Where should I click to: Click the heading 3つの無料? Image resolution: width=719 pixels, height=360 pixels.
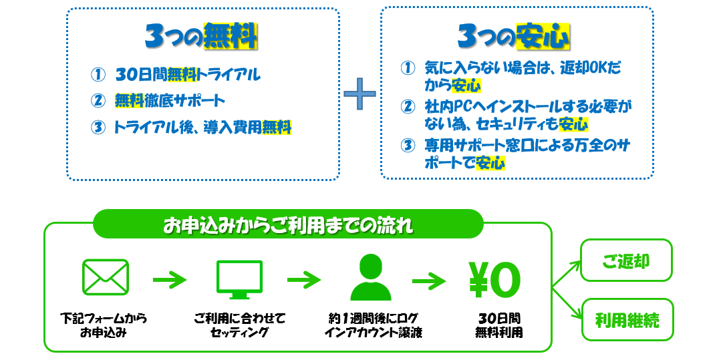tap(201, 36)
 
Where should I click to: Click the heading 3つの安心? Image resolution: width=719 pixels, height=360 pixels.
tap(514, 36)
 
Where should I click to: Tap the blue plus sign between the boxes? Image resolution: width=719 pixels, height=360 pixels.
tap(359, 94)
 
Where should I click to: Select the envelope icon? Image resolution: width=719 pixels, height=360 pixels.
tap(106, 277)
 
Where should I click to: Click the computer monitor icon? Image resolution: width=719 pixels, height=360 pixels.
tap(239, 279)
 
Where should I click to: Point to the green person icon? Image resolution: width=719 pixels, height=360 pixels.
tap(371, 277)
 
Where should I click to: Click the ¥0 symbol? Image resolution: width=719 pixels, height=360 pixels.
tap(494, 280)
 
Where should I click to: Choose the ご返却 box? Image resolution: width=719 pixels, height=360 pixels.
tap(626, 260)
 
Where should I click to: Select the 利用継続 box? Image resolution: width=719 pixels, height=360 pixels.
tap(627, 320)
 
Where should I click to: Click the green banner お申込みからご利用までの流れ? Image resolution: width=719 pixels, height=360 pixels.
tap(288, 224)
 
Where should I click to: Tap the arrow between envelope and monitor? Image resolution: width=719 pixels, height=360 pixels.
tap(170, 280)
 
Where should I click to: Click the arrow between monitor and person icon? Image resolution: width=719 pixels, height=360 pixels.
tap(304, 280)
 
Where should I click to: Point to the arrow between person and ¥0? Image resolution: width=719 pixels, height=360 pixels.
tap(429, 280)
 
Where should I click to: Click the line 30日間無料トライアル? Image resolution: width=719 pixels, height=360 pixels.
tap(188, 75)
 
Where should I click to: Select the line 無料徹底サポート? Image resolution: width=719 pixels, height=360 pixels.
tap(170, 100)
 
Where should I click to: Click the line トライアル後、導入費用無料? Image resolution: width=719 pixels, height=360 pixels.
tap(202, 127)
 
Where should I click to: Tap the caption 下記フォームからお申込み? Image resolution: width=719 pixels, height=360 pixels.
tap(104, 325)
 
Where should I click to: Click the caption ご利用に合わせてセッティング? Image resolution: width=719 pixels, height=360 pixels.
tap(239, 325)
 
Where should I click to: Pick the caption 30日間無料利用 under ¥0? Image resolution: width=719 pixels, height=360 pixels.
tap(499, 325)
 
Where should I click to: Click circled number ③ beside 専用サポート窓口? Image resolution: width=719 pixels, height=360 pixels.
tap(408, 146)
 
